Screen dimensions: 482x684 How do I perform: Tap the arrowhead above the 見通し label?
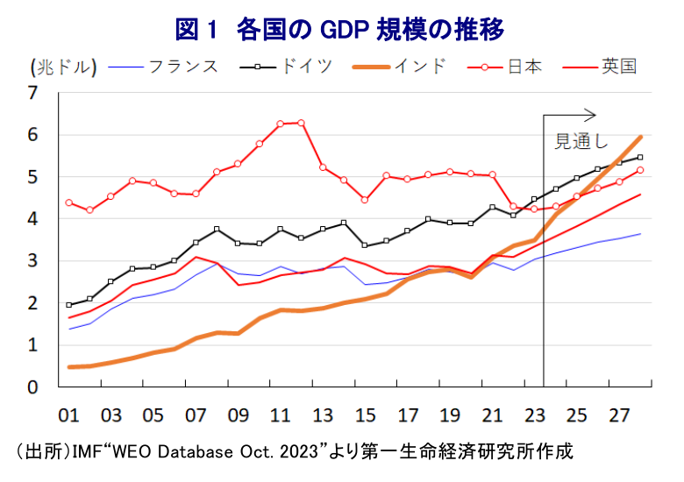click(592, 115)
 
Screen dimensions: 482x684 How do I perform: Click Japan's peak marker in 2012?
click(302, 123)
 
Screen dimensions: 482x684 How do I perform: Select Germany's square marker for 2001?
click(69, 305)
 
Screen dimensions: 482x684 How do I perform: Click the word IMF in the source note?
click(85, 453)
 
